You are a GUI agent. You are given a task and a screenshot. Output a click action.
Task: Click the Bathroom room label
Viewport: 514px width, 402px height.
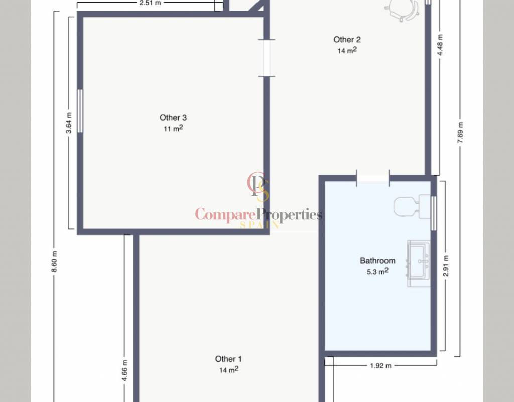(x=377, y=261)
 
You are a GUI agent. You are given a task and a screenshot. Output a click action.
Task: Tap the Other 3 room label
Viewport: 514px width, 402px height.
(x=173, y=117)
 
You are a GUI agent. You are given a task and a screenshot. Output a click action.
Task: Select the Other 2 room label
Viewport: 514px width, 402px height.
(x=347, y=39)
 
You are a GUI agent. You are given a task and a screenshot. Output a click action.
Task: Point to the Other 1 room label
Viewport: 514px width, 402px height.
(x=228, y=359)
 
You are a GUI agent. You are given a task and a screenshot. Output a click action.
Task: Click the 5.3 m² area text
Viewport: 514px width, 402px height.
(x=377, y=271)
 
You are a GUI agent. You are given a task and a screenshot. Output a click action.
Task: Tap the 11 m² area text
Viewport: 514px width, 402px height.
(x=173, y=128)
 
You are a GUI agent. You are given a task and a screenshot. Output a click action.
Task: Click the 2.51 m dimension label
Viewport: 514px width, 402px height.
(x=150, y=3)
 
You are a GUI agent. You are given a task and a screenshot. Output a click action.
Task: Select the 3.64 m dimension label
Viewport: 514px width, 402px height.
(x=69, y=123)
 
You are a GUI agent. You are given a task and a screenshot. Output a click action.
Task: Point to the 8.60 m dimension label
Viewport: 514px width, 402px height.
(x=54, y=261)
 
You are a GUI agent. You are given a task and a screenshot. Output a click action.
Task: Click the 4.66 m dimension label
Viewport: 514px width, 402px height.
(x=124, y=370)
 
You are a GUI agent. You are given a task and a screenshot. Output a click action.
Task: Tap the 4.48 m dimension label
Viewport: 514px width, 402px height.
(x=440, y=45)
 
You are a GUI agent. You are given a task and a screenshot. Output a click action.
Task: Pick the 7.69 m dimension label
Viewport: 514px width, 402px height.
(x=460, y=132)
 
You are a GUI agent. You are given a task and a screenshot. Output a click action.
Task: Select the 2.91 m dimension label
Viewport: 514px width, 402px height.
(x=446, y=266)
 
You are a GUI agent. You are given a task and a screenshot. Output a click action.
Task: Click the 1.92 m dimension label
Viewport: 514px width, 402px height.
(x=380, y=366)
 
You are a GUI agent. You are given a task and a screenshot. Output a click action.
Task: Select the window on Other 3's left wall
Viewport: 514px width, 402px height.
(x=80, y=111)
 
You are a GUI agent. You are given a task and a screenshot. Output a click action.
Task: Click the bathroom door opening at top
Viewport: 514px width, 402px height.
(x=373, y=178)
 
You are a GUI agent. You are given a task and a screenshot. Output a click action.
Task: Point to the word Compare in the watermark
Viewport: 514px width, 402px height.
(x=225, y=215)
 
